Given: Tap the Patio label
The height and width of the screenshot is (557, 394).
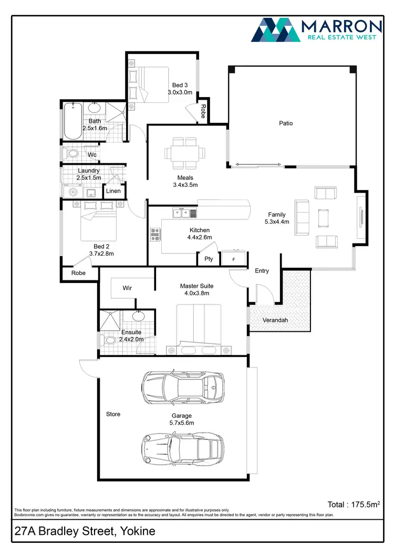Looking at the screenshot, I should [286, 123].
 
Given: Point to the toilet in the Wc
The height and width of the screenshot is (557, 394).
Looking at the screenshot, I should [72, 154].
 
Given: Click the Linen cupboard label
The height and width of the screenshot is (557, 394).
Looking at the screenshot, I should [113, 191].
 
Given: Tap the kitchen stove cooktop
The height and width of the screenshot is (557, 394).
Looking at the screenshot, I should [155, 234].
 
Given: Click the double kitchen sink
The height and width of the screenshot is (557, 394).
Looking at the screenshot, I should [181, 213].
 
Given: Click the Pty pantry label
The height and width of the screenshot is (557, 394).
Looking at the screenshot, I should [209, 259].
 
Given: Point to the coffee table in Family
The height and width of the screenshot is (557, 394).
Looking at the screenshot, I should [323, 216].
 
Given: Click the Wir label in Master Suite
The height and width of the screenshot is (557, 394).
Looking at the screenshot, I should [127, 288].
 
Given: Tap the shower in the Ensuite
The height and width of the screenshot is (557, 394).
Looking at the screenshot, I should [110, 319].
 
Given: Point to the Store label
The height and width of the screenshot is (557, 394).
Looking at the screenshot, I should [113, 414].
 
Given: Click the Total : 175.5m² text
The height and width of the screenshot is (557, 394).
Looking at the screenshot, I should [353, 505].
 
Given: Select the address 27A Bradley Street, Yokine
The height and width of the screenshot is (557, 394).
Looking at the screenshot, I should [85, 531].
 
